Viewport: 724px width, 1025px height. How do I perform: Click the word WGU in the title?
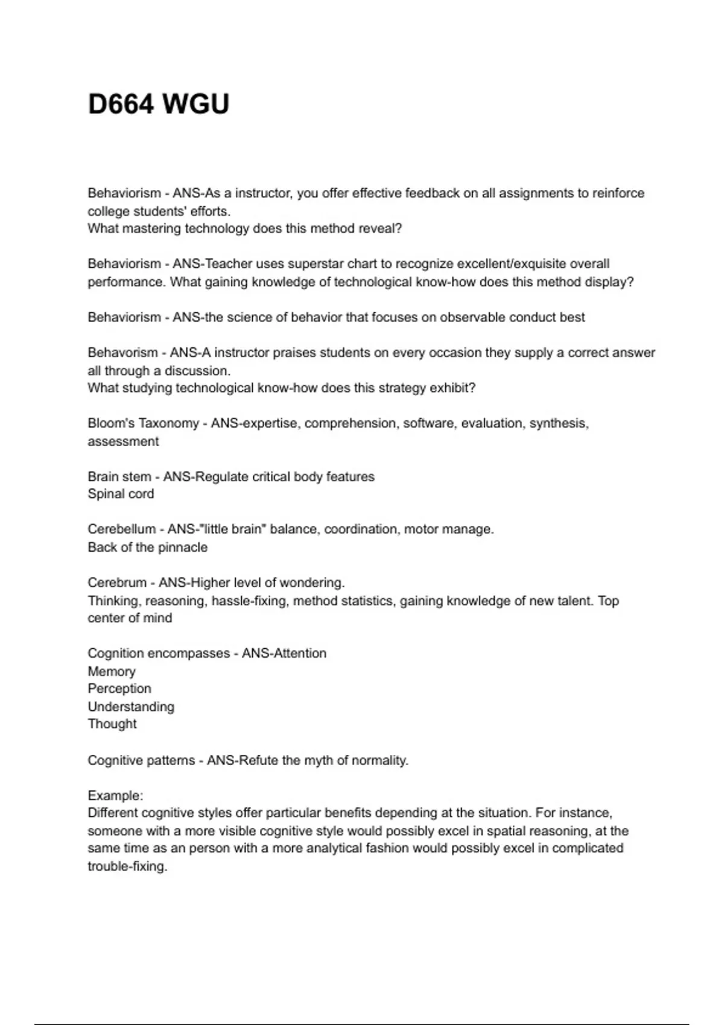pos(196,104)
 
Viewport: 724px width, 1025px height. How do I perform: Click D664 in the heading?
pos(121,104)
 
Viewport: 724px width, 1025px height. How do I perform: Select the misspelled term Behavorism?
pos(122,353)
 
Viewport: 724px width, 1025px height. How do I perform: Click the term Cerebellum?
pos(121,529)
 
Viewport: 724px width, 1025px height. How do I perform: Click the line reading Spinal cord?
pos(121,494)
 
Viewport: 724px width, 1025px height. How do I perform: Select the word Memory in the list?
pos(112,672)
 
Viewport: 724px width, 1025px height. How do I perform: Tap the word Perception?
pos(119,689)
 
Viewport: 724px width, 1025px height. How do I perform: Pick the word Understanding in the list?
pos(131,707)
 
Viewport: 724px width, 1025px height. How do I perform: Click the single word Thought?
pos(112,724)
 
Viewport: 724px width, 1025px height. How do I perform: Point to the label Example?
pos(115,795)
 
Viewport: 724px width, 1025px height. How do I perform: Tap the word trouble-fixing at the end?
pos(127,867)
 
